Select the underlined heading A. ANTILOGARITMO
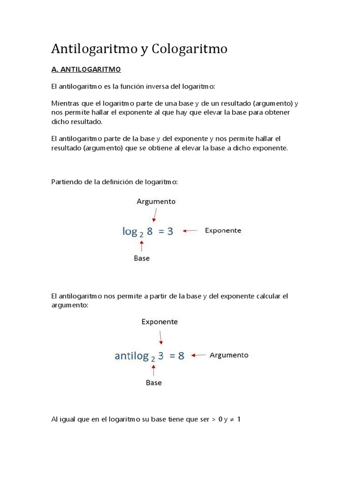[x=86, y=69]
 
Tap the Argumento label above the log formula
[x=156, y=202]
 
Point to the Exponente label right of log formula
[x=223, y=231]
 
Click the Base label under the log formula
[x=142, y=258]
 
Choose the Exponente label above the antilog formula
[x=160, y=322]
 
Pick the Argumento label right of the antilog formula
[x=229, y=355]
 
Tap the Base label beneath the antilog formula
[x=154, y=382]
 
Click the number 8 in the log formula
[x=150, y=231]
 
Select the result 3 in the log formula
[x=170, y=231]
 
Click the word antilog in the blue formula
[x=132, y=356]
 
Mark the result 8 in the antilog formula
[x=181, y=356]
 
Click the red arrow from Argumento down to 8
[x=154, y=215]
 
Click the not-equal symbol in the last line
[x=232, y=419]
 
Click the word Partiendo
[x=66, y=181]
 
